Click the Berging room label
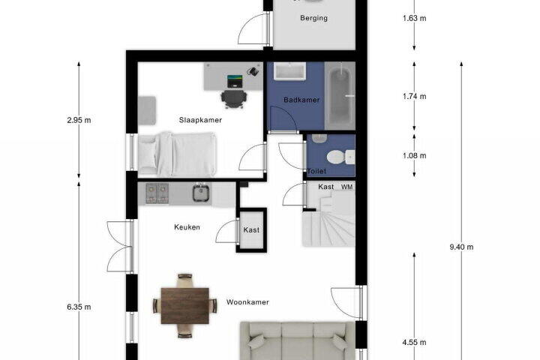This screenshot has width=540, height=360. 313,18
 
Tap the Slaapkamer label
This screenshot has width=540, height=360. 200,120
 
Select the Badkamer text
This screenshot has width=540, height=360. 301,100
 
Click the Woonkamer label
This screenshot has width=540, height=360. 247,302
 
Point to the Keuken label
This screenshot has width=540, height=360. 187,227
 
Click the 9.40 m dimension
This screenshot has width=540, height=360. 461,247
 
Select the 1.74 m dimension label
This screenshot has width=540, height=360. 414,96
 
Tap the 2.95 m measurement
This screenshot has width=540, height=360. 79,120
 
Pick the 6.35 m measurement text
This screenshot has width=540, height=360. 79,307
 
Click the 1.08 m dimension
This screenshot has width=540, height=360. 414,156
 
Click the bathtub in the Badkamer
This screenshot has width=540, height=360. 340,96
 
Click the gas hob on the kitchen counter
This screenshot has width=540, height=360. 157,193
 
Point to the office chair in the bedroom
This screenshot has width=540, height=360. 234,98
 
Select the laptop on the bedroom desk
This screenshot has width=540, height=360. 235,81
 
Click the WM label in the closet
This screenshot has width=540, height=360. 346,187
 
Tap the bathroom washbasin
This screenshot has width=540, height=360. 290,71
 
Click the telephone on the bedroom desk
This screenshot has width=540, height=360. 253,71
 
